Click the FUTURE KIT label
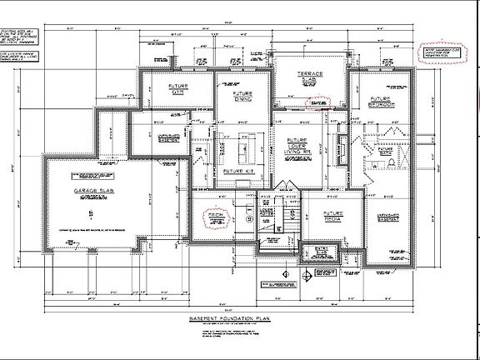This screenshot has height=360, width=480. click(238, 170)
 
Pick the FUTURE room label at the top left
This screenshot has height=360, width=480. click(177, 89)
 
